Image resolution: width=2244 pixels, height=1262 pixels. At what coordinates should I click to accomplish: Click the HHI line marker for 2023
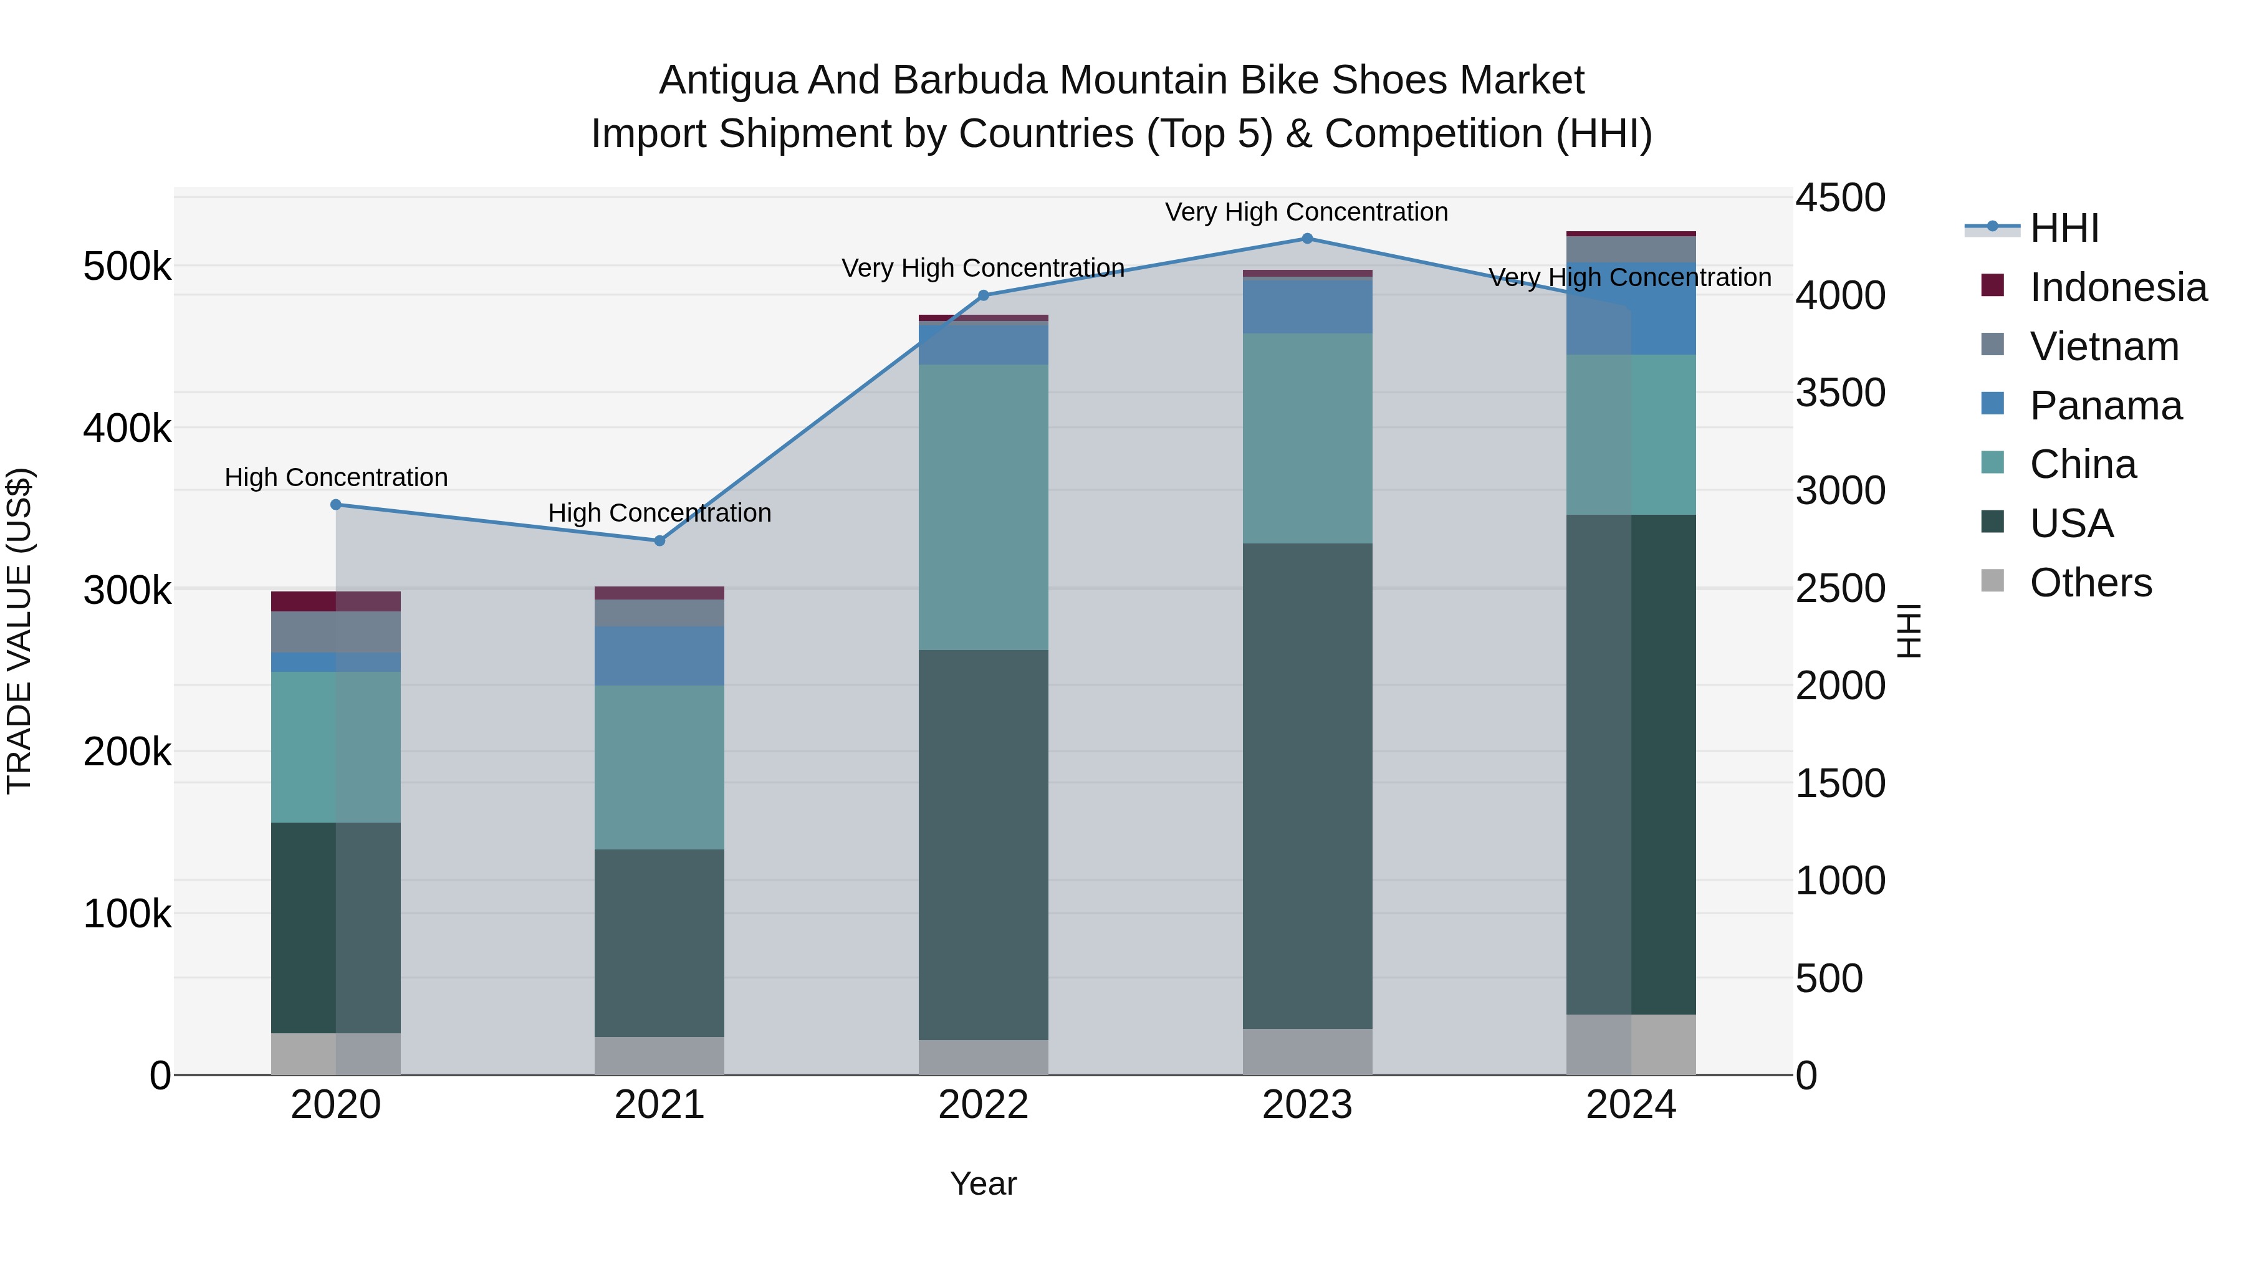(1307, 239)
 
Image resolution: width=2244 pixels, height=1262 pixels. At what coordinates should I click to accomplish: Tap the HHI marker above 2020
(335, 504)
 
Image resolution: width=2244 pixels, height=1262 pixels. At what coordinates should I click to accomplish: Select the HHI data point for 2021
(659, 541)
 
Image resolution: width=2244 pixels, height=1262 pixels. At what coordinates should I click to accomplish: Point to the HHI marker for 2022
(984, 295)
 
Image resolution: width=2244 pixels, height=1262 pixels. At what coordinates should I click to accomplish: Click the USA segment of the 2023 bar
(1307, 784)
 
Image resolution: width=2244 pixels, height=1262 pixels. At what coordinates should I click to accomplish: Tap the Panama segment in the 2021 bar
(659, 655)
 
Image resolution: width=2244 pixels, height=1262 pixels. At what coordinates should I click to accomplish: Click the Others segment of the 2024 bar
(1631, 1044)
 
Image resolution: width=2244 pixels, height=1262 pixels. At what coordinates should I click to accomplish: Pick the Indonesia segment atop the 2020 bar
(335, 601)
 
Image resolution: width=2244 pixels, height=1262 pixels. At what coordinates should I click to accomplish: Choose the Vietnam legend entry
(2104, 347)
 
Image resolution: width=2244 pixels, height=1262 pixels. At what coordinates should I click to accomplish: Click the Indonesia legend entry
(2117, 287)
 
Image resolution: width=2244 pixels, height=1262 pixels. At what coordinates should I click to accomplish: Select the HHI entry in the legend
(2064, 228)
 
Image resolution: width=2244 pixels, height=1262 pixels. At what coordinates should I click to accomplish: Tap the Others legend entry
(2090, 583)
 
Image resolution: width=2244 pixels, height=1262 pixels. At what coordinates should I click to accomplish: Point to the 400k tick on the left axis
(127, 429)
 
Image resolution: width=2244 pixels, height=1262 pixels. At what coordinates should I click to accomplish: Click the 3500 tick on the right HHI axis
(1840, 393)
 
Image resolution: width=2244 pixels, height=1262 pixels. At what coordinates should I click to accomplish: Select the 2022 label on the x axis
(984, 1105)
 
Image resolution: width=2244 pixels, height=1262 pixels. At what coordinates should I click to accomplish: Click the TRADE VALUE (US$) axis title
(19, 631)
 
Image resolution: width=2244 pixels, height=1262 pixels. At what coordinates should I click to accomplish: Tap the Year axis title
(984, 1183)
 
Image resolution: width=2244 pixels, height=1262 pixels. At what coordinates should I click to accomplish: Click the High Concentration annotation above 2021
(659, 513)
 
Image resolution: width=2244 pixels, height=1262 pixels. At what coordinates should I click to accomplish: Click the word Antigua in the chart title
(728, 80)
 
